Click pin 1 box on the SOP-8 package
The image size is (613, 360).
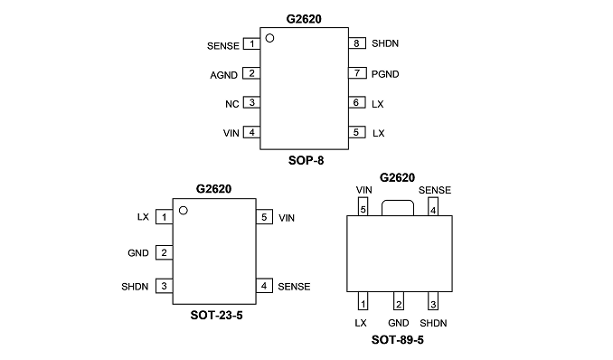251,43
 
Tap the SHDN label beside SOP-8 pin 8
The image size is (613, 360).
385,43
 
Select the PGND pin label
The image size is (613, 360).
385,74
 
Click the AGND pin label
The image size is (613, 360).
223,75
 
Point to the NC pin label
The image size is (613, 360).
231,104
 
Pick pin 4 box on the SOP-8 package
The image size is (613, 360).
251,132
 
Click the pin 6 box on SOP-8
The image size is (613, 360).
357,102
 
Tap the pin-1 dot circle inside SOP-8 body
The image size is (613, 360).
269,38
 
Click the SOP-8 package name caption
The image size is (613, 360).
306,160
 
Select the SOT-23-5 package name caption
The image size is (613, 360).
217,315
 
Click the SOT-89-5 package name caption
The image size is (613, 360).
398,340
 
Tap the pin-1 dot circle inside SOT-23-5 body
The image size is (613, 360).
184,211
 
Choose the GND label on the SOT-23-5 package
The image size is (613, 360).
138,253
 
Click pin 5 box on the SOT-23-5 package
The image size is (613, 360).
264,217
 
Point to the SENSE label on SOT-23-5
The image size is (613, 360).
294,287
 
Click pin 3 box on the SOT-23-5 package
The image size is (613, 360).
165,286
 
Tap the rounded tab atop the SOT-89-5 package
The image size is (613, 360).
398,201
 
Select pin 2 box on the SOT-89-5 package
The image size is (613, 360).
399,301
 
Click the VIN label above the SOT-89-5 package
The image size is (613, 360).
364,190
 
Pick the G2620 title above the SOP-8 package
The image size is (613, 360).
304,19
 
